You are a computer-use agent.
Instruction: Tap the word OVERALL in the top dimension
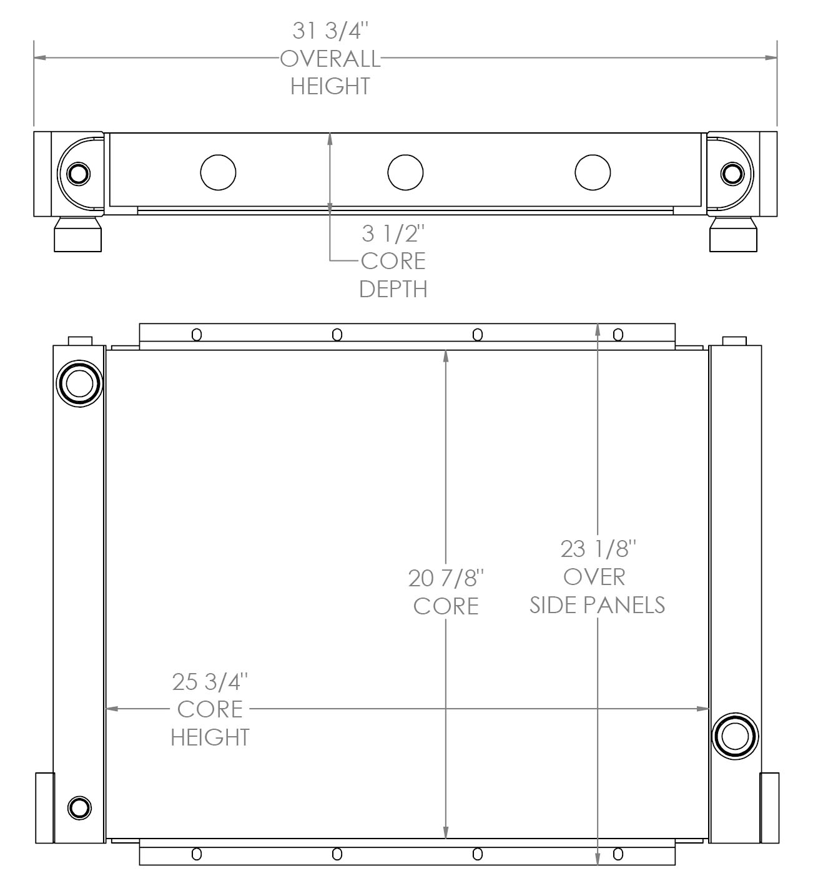pyautogui.click(x=330, y=59)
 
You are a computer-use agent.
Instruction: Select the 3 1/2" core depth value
pyautogui.click(x=393, y=234)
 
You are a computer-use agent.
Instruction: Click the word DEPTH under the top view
pyautogui.click(x=393, y=289)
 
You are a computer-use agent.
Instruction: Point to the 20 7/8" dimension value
pyautogui.click(x=446, y=578)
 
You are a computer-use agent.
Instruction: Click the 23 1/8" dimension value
pyautogui.click(x=598, y=549)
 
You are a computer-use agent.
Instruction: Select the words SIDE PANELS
pyautogui.click(x=598, y=604)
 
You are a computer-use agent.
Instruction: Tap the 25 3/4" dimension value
pyautogui.click(x=210, y=682)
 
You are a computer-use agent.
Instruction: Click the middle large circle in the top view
pyautogui.click(x=405, y=172)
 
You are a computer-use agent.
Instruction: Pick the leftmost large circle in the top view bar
pyautogui.click(x=218, y=172)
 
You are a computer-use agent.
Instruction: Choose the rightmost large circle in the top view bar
pyautogui.click(x=593, y=172)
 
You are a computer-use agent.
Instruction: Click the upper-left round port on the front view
pyautogui.click(x=79, y=383)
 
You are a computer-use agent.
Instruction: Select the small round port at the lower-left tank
pyautogui.click(x=79, y=807)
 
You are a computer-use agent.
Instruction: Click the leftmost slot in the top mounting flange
pyautogui.click(x=197, y=335)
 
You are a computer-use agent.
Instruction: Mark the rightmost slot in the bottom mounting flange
pyautogui.click(x=618, y=854)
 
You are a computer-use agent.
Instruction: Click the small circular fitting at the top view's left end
pyautogui.click(x=79, y=173)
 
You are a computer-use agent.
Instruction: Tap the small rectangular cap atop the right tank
pyautogui.click(x=734, y=340)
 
